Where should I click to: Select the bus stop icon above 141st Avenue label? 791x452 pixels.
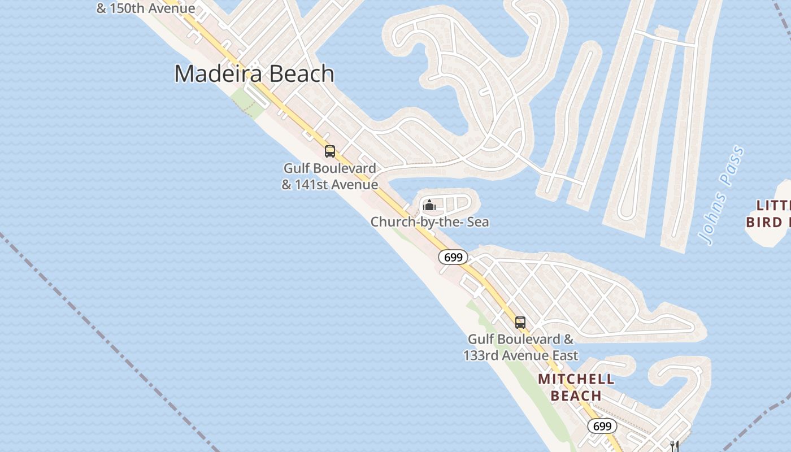click(x=330, y=151)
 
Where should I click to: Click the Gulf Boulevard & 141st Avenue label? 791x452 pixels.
click(x=330, y=176)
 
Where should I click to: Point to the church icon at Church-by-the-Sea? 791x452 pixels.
click(x=429, y=205)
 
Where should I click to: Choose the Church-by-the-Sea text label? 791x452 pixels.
click(x=429, y=222)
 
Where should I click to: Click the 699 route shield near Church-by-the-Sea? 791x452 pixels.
click(x=453, y=258)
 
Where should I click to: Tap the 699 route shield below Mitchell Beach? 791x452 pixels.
click(x=602, y=426)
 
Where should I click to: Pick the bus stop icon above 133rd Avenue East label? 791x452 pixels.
click(x=520, y=323)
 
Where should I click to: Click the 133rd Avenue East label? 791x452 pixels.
click(x=520, y=355)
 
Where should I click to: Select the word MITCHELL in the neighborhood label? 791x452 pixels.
click(x=576, y=379)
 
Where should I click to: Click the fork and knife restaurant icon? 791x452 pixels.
click(x=673, y=446)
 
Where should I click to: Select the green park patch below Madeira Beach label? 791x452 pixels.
click(x=247, y=102)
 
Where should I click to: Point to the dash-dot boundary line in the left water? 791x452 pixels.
click(x=85, y=316)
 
